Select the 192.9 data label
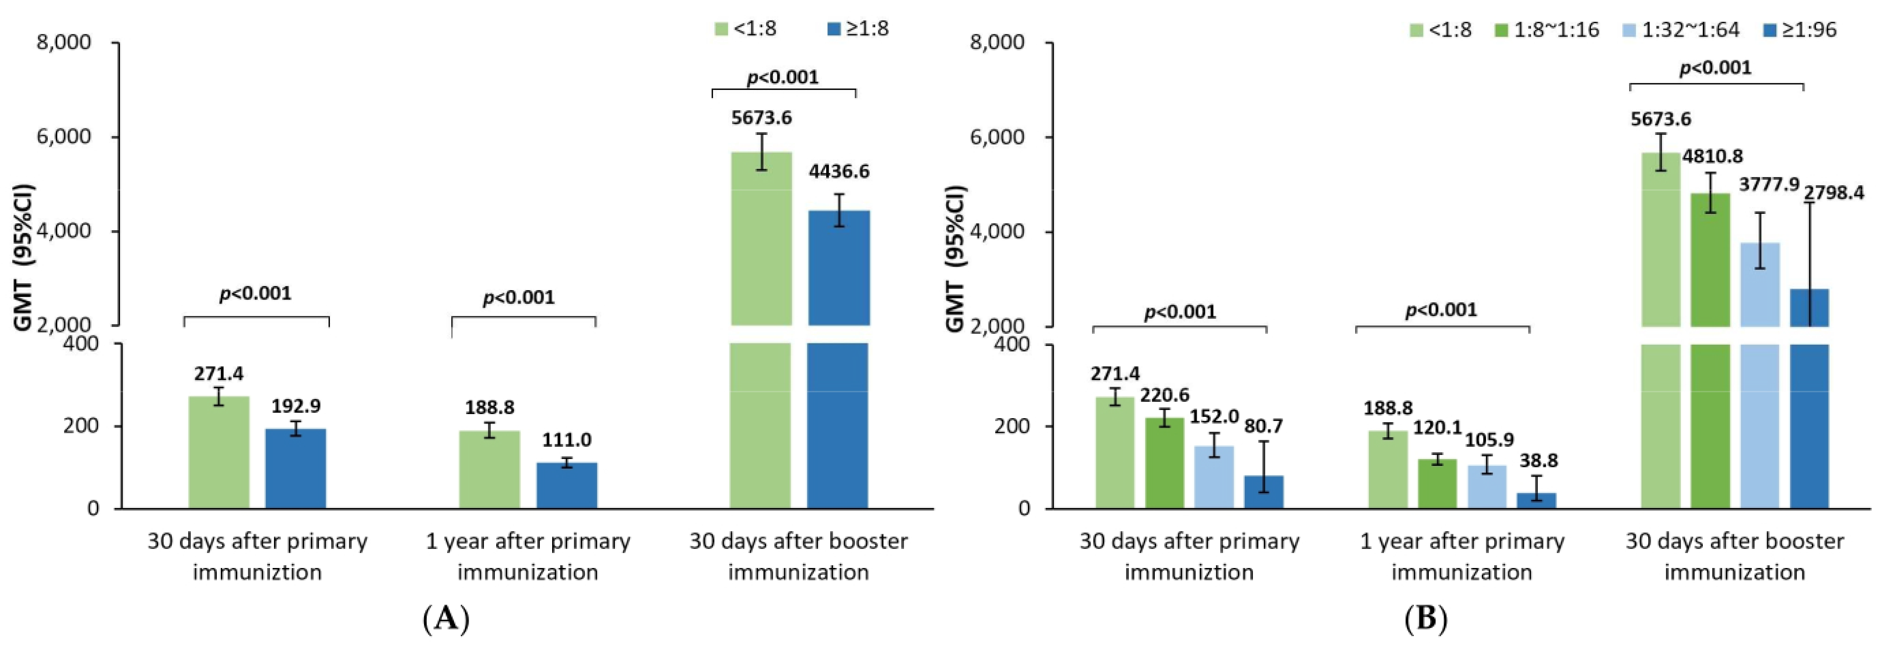click(296, 406)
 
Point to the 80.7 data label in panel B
click(1264, 426)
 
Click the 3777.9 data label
click(1769, 184)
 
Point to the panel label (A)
click(446, 619)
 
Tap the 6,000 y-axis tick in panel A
click(64, 137)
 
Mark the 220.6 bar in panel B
click(1165, 463)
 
